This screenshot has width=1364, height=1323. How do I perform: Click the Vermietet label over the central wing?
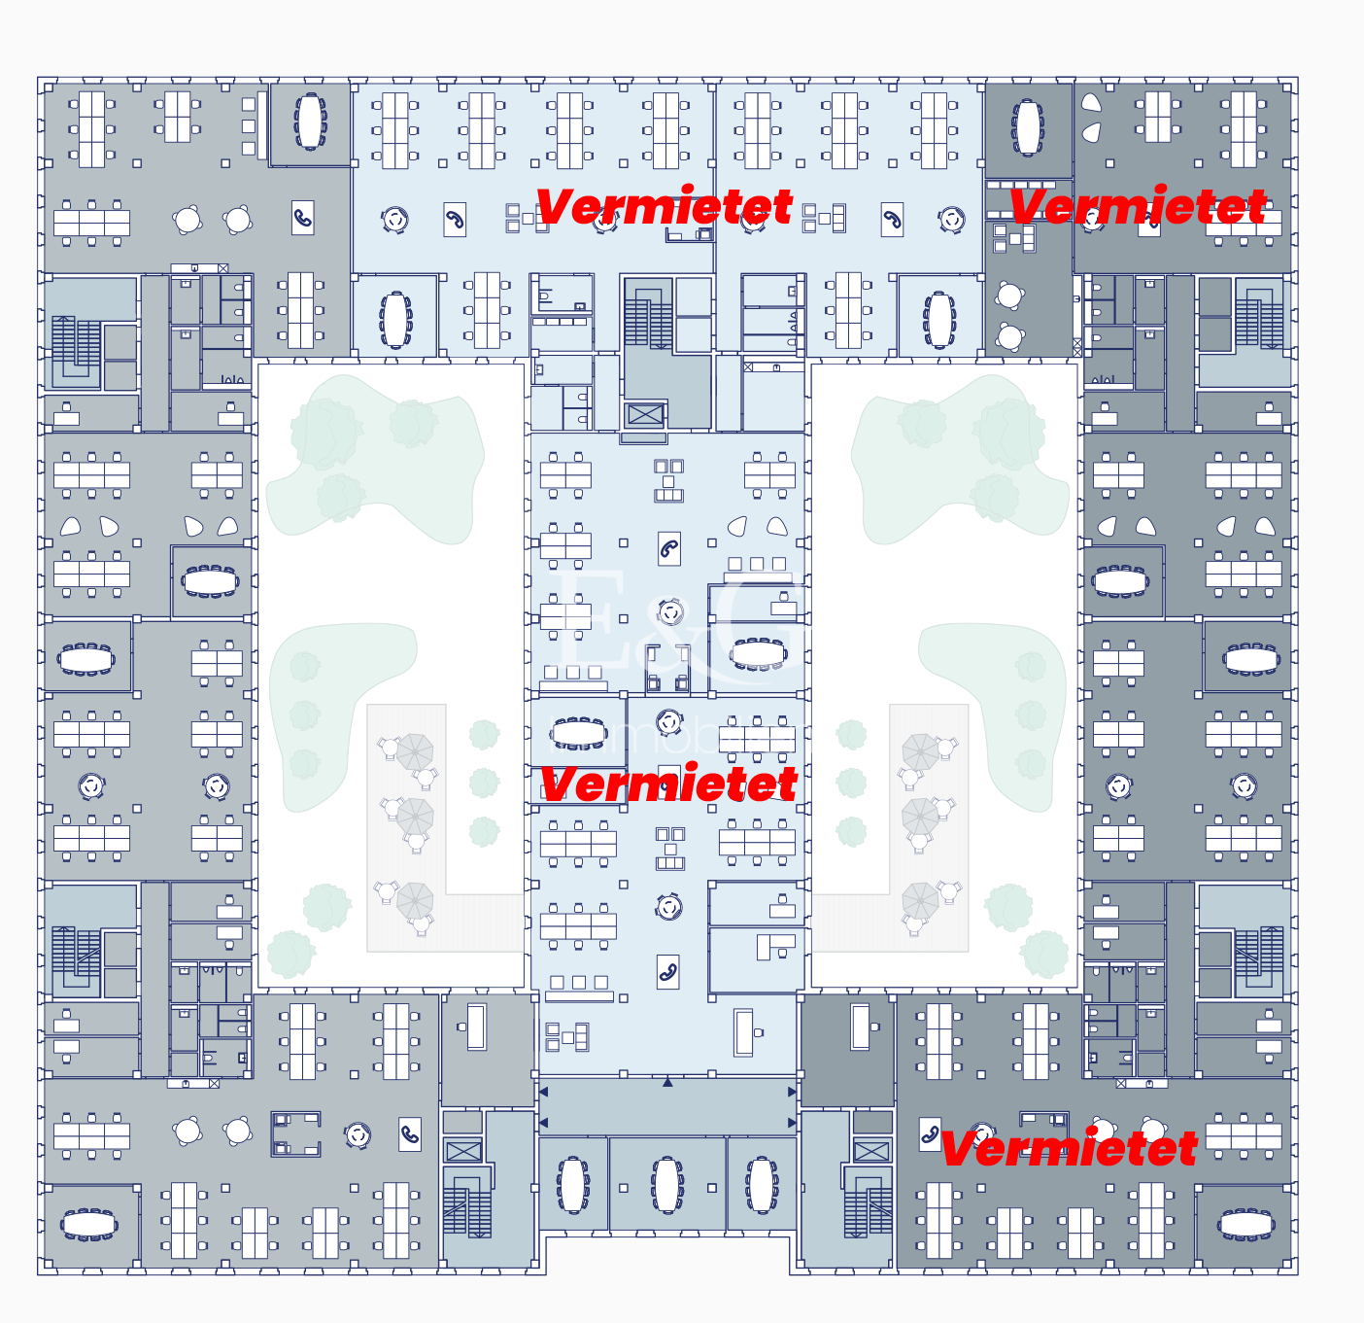(x=668, y=783)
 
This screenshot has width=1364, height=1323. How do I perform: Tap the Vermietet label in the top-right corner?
(x=1138, y=206)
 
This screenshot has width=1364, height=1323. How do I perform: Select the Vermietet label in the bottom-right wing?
(x=1069, y=1148)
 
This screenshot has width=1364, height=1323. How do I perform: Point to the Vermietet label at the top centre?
(x=664, y=206)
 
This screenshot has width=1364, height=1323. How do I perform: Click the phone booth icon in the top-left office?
(x=303, y=219)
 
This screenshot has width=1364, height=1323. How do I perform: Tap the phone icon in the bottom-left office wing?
(x=410, y=1133)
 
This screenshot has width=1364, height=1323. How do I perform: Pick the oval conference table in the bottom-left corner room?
(x=89, y=1225)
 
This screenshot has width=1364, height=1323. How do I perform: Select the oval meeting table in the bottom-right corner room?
(x=1246, y=1225)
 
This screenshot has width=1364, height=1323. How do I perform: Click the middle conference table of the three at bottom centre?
(x=667, y=1184)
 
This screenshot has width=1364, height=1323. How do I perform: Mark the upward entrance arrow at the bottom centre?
(x=667, y=1082)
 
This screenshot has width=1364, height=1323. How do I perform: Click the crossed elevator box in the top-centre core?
(x=645, y=415)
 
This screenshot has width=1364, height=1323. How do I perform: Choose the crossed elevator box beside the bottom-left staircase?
(x=463, y=1152)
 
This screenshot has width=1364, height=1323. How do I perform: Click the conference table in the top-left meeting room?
(x=310, y=122)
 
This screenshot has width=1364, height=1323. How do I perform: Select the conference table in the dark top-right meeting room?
(x=1028, y=127)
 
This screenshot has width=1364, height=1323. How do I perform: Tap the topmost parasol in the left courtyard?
(x=415, y=750)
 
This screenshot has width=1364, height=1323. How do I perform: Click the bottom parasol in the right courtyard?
(x=919, y=900)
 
